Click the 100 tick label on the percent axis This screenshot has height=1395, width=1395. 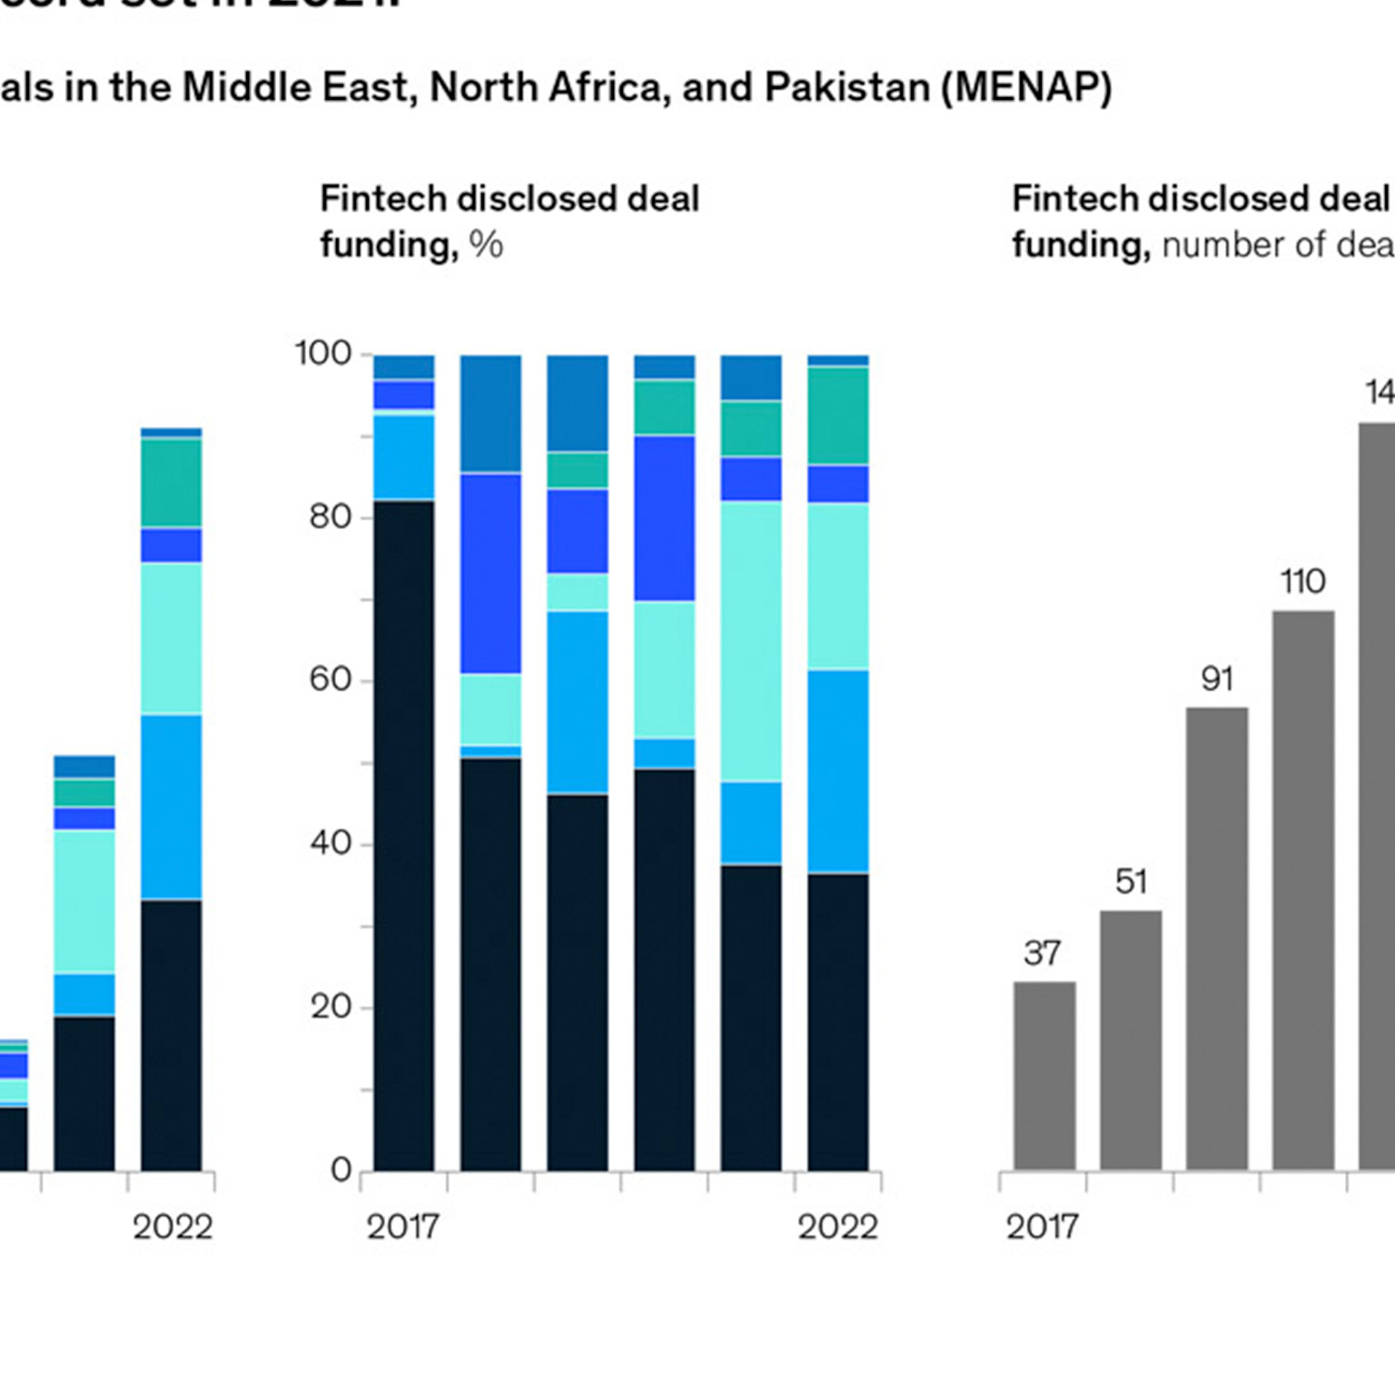click(322, 353)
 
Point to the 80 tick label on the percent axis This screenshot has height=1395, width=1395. click(330, 517)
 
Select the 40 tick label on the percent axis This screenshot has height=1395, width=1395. click(330, 843)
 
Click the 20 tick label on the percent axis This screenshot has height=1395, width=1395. click(330, 1006)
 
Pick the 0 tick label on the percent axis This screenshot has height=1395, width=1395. click(341, 1170)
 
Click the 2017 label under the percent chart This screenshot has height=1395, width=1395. click(402, 1227)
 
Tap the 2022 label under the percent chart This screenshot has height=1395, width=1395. click(837, 1227)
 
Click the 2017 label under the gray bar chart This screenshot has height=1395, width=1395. click(1042, 1227)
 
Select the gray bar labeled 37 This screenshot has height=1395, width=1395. click(1044, 1076)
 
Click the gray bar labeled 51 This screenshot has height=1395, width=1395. click(1131, 1040)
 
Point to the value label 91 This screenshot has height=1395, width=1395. click(1217, 679)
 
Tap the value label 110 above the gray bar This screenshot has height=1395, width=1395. click(1302, 581)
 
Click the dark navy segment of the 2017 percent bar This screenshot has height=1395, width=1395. click(404, 836)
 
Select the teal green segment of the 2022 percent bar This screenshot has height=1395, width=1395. click(837, 415)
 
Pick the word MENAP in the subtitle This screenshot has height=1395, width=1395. click(1026, 88)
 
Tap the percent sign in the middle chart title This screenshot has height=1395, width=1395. click(486, 245)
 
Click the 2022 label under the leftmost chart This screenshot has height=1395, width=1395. click(173, 1227)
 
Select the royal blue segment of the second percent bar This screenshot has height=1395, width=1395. click(490, 573)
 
